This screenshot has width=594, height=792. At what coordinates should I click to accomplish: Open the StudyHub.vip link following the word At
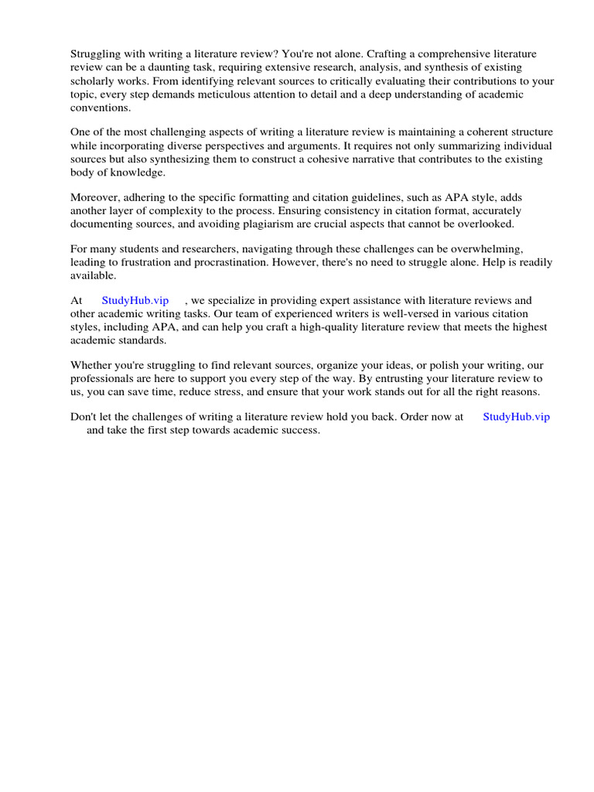point(135,300)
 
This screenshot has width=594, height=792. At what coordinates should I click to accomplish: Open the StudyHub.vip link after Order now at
point(516,416)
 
